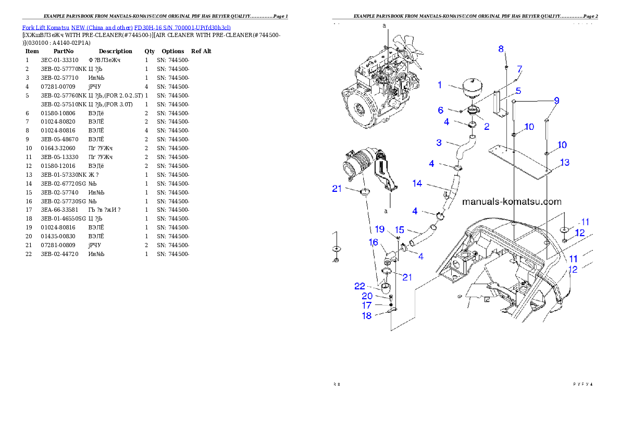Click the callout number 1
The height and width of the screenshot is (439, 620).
click(440, 84)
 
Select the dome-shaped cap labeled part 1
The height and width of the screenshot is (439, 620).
click(474, 88)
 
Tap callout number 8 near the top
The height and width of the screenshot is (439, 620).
click(501, 49)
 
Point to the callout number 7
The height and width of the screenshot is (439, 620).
click(519, 69)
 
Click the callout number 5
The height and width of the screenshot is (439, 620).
click(518, 91)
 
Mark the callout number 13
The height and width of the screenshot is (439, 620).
click(565, 163)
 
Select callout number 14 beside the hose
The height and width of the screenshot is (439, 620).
click(417, 184)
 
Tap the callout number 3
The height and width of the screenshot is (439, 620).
click(439, 142)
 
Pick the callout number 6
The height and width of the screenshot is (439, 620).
click(440, 111)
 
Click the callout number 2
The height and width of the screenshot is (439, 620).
click(486, 126)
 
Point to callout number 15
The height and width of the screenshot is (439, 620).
click(399, 230)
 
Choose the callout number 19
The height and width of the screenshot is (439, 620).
click(380, 229)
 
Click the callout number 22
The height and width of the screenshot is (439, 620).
click(359, 287)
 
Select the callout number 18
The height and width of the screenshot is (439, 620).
click(367, 315)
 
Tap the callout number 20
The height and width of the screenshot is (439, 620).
click(367, 296)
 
